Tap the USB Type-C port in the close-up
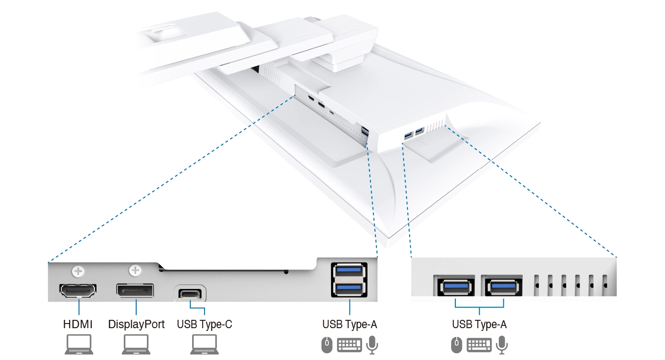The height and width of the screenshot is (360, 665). coord(190,294)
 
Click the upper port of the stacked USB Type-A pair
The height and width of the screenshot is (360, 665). coord(349,271)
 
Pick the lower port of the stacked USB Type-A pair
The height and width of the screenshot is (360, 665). coord(349,288)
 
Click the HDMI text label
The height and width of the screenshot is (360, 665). coord(78,324)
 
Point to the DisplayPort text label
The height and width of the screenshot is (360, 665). coord(136,324)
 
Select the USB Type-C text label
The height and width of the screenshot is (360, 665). coord(204,324)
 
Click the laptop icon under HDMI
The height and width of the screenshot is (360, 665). coord(78,344)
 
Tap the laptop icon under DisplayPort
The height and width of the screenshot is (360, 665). coord(136,344)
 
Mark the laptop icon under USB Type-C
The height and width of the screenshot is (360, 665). coord(205,344)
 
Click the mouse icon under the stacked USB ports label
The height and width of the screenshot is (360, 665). coord(326,344)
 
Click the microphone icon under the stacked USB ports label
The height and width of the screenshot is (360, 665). coord(372,344)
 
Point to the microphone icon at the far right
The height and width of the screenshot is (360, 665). coord(502,344)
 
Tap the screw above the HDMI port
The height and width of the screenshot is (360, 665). coord(78,270)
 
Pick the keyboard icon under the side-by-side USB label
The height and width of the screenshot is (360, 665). coord(479,345)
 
